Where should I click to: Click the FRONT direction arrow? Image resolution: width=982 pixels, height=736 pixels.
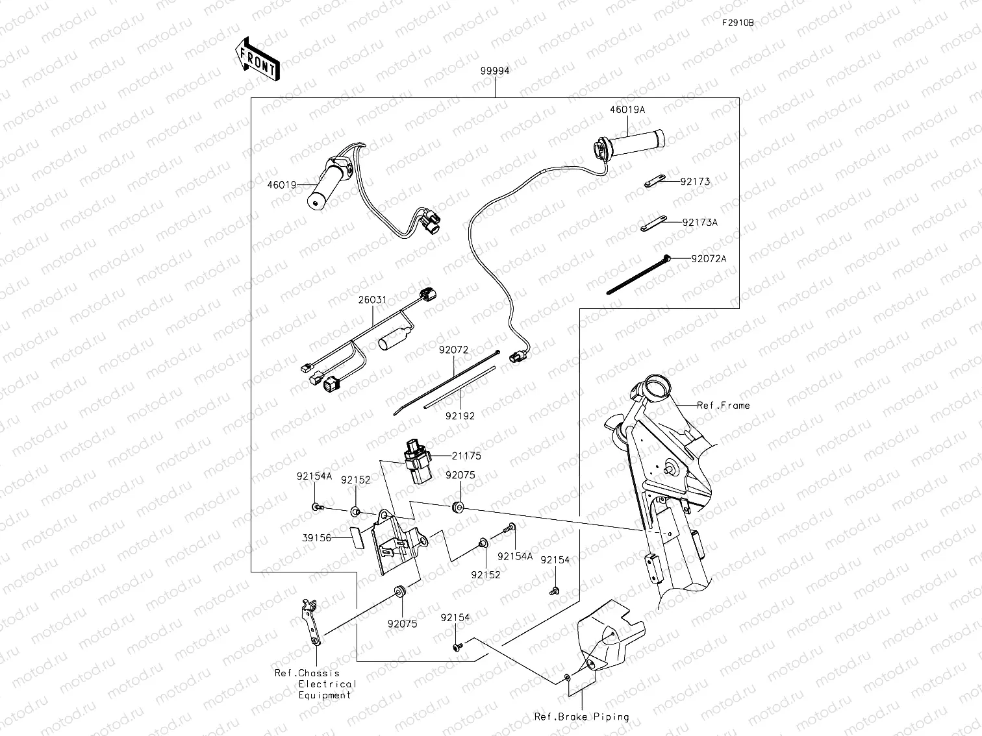point(257,59)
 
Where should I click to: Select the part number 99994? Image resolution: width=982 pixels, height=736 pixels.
point(495,71)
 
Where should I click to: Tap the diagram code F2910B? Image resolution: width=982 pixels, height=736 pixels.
point(738,22)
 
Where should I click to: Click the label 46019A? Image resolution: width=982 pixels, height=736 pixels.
point(627,110)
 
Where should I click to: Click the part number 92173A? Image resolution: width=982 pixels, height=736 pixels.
point(699,223)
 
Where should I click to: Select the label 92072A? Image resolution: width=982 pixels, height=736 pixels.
point(709,259)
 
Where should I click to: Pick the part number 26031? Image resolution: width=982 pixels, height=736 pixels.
point(372,300)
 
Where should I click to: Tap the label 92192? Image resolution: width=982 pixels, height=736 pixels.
point(460,416)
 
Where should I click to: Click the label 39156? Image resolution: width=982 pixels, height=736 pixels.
point(316,538)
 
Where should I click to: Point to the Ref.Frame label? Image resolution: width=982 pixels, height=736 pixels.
point(723,406)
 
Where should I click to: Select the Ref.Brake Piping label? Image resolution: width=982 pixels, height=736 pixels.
point(581,717)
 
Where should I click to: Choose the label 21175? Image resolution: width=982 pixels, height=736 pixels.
point(466,456)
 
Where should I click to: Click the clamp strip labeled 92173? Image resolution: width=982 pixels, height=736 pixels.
point(656,182)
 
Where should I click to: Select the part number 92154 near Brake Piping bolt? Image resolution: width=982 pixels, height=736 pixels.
point(455,618)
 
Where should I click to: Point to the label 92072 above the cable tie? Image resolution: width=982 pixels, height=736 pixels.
point(453,350)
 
